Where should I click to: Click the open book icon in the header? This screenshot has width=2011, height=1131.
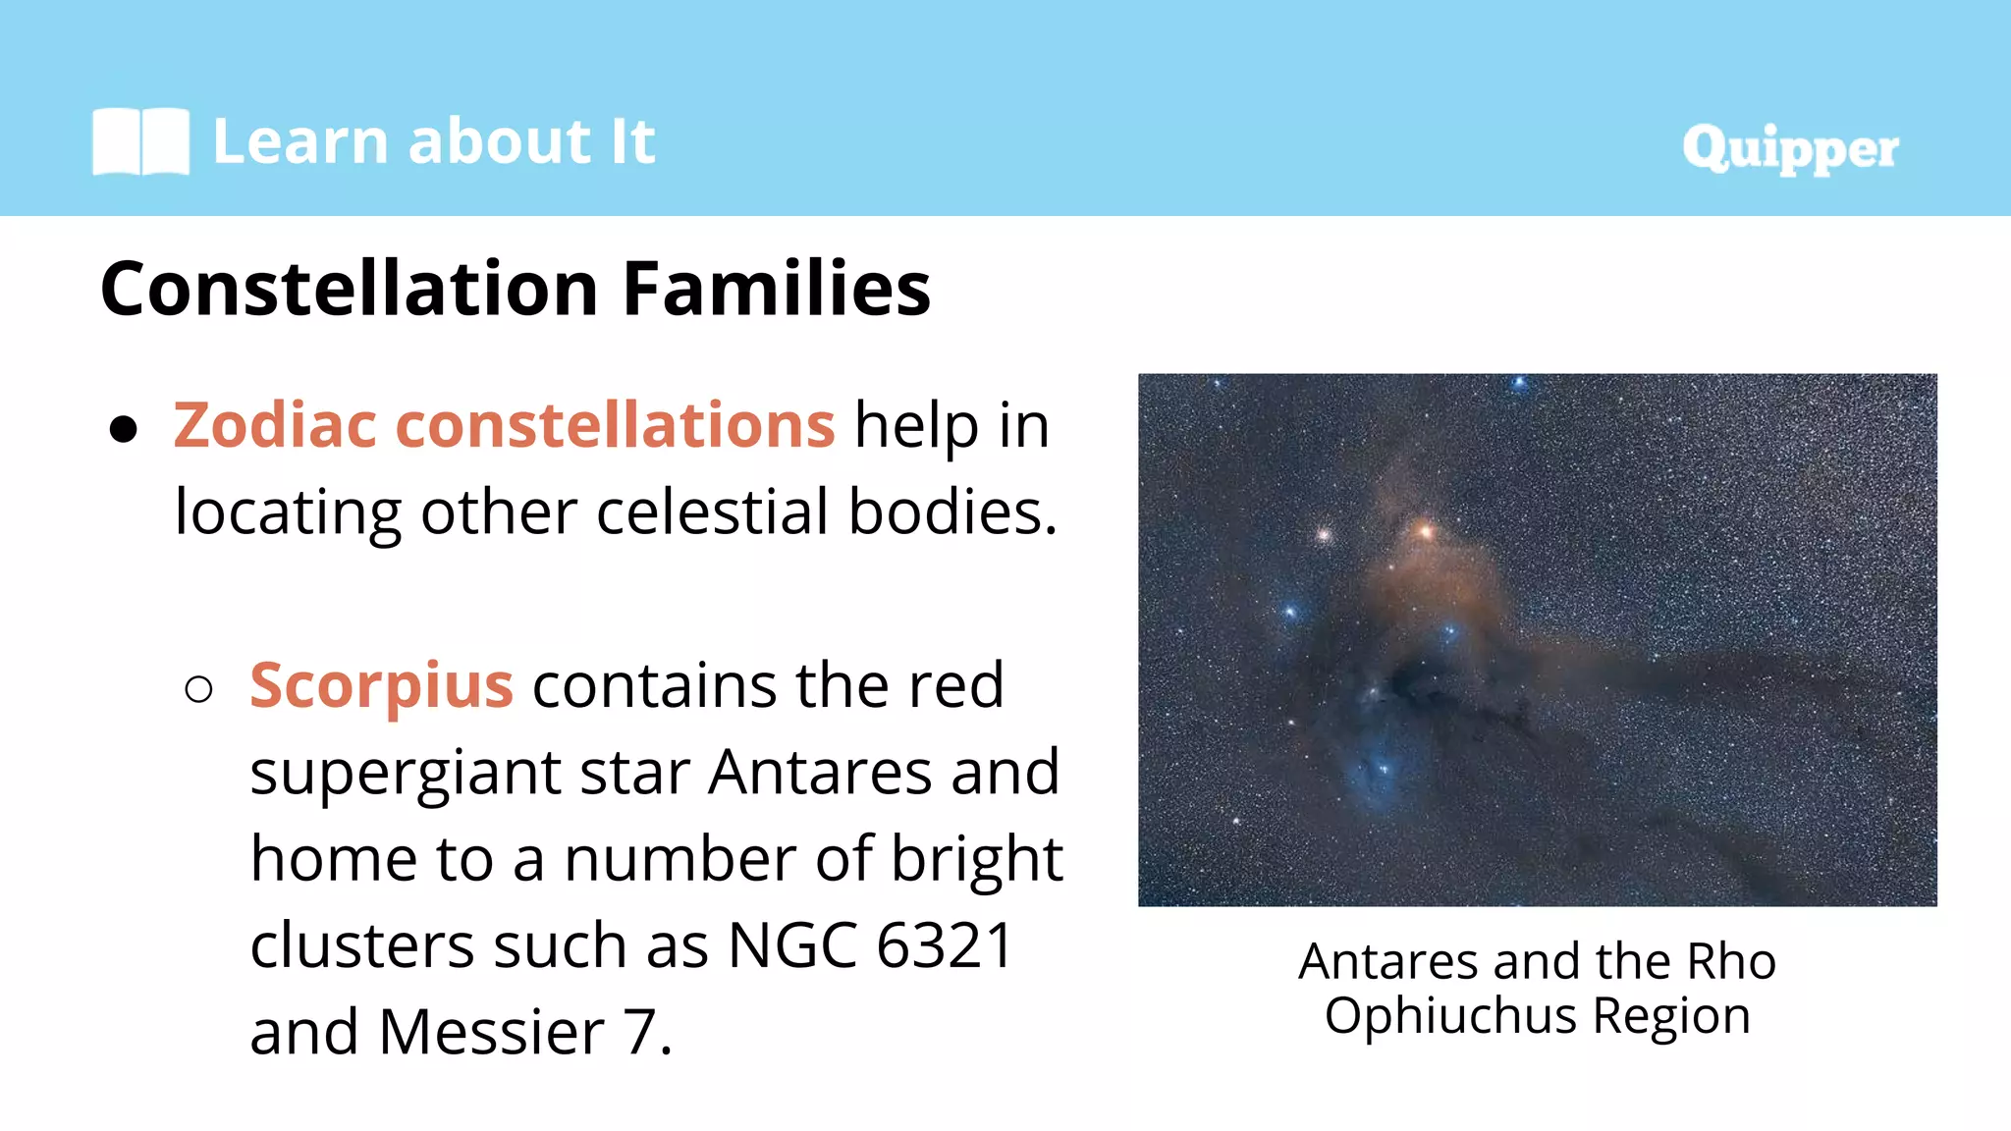tap(140, 141)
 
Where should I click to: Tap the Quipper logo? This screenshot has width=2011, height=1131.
tap(1789, 148)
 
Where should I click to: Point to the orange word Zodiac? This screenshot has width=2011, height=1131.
tap(275, 426)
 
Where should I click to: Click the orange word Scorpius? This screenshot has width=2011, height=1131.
tap(381, 685)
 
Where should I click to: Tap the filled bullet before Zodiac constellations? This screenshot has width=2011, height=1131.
tap(124, 429)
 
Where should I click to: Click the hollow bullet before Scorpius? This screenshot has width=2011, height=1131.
tap(198, 689)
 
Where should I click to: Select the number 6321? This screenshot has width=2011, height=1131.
tap(944, 945)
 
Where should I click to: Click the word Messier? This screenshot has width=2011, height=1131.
tap(492, 1033)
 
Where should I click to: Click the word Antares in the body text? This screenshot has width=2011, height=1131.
tap(820, 773)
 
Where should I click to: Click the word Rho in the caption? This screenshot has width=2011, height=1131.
tap(1730, 961)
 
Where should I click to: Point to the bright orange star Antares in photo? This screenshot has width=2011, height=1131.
tap(1425, 532)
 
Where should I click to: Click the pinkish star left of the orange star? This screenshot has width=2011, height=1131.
tap(1323, 535)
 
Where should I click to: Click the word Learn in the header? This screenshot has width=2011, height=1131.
tap(300, 141)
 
